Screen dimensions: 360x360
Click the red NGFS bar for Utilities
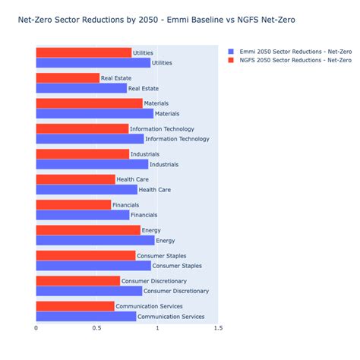point(84,52)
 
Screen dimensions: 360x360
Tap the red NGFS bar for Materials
point(89,103)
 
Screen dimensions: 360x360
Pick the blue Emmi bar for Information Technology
point(90,139)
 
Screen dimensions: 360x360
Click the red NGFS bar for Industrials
point(82,154)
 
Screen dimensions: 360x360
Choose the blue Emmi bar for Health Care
point(87,190)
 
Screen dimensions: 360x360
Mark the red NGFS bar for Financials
point(73,205)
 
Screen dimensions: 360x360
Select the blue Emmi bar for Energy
point(95,241)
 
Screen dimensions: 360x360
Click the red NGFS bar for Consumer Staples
point(85,256)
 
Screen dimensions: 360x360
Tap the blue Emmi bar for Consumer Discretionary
point(89,292)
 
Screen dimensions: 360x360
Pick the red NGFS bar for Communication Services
point(74,306)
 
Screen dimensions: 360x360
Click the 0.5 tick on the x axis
point(96,328)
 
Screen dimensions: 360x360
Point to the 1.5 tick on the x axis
point(218,328)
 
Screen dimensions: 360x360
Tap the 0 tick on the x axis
point(36,328)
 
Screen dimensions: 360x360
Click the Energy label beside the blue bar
point(165,241)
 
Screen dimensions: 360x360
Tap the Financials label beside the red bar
point(125,205)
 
